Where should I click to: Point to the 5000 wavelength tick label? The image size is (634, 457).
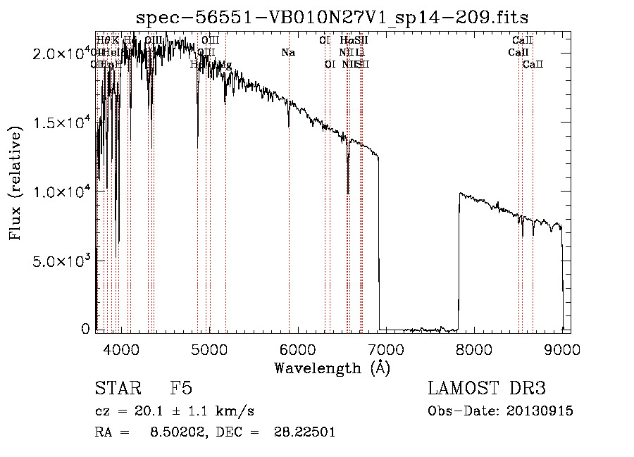(x=209, y=349)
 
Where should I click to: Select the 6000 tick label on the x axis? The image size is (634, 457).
(x=297, y=349)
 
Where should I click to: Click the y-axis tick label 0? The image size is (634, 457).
(x=86, y=329)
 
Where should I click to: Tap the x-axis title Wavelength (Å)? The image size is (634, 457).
(x=332, y=368)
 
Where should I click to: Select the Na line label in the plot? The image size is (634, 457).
(x=287, y=53)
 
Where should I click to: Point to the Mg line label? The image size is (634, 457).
(x=225, y=65)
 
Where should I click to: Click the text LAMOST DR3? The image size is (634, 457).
(x=487, y=389)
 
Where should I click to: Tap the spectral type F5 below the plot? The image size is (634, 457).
(x=181, y=389)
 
